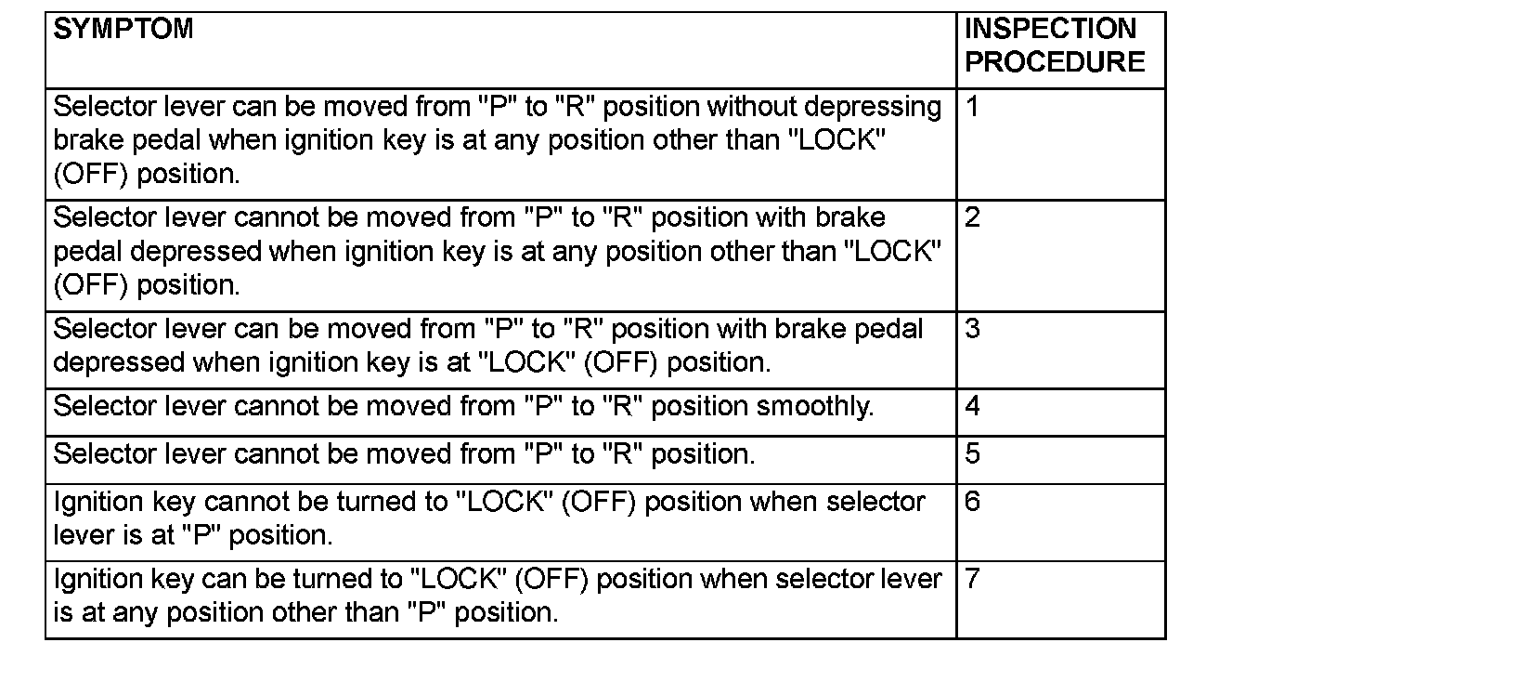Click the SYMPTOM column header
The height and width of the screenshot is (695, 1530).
tap(123, 30)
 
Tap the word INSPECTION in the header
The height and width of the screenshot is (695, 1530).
tap(1050, 30)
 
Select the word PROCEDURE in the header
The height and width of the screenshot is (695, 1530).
tap(1055, 62)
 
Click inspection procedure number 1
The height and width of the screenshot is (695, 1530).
tap(972, 107)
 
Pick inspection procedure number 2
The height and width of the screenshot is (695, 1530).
tap(972, 218)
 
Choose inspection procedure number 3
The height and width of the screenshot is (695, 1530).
tap(972, 330)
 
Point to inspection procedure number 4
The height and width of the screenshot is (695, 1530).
tap(972, 407)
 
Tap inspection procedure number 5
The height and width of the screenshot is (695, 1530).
tap(972, 454)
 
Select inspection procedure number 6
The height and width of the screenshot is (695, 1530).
tap(972, 502)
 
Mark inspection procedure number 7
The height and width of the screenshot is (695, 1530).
tap(972, 579)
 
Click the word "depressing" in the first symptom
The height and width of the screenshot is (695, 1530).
tap(873, 108)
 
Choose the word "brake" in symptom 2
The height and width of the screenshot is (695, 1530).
tap(850, 217)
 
